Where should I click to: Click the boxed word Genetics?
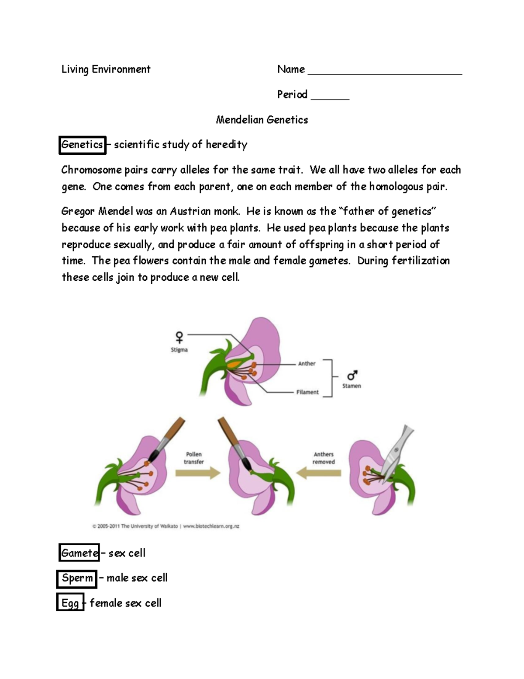click(x=82, y=145)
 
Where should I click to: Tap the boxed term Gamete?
click(x=79, y=553)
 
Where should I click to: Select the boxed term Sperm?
click(x=77, y=578)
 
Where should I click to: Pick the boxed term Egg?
click(x=70, y=603)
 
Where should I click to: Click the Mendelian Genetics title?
click(x=262, y=120)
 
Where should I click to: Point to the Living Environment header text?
click(x=106, y=69)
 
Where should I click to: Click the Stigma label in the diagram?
click(x=179, y=350)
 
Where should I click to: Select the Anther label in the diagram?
click(x=307, y=363)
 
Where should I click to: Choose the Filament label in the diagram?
click(x=307, y=392)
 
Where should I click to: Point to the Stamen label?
click(x=352, y=386)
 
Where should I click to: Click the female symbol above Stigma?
click(x=179, y=337)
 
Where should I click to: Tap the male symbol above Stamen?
click(x=352, y=376)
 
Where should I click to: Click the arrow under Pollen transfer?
click(x=197, y=473)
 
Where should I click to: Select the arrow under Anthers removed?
click(x=319, y=473)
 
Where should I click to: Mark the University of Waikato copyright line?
click(x=166, y=526)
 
